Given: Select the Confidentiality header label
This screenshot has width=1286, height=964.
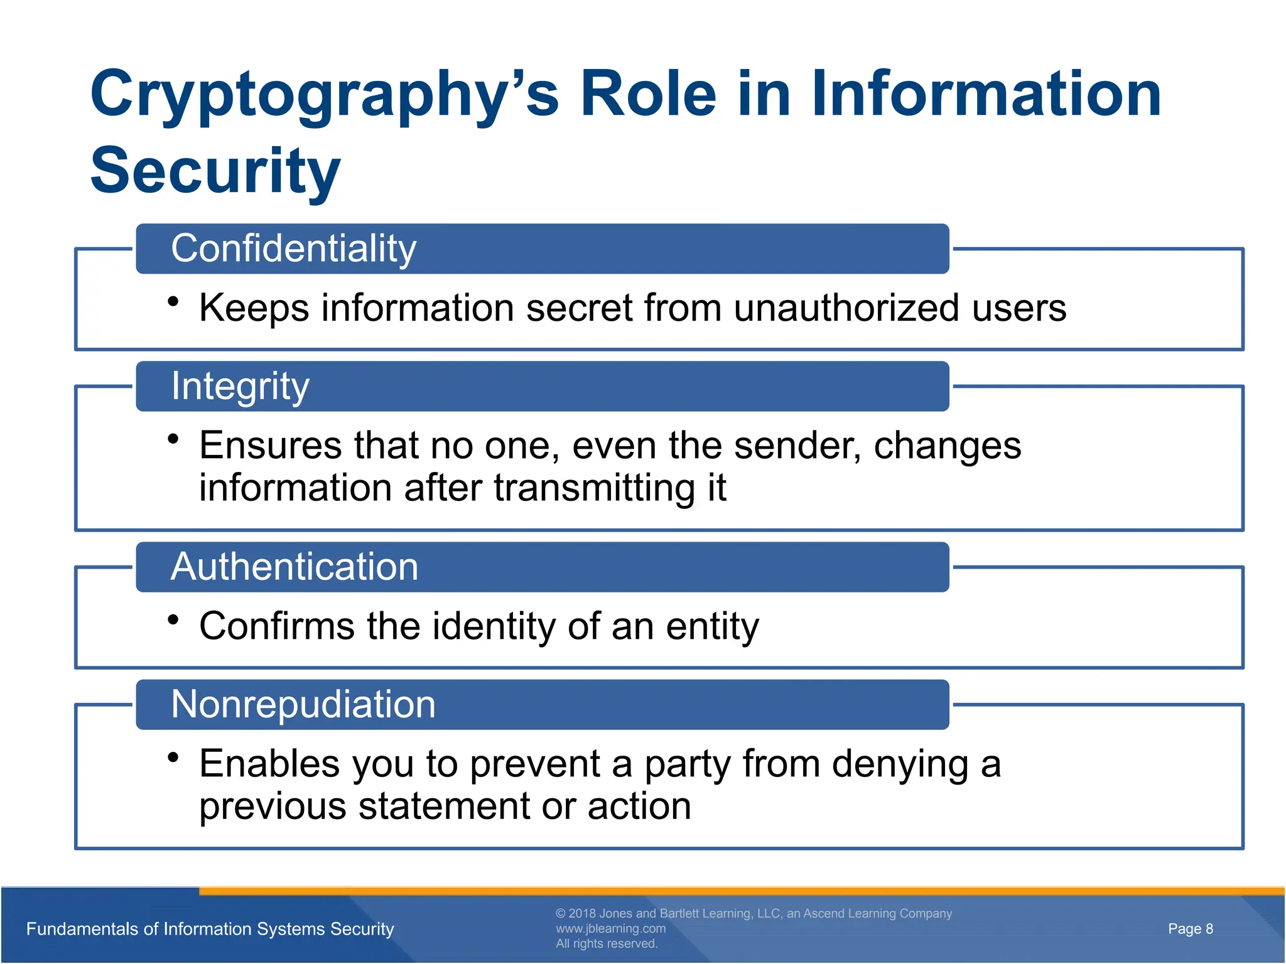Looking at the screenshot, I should [293, 249].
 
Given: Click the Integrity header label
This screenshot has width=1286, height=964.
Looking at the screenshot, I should [240, 386].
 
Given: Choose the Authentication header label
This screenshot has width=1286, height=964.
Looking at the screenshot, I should [294, 567].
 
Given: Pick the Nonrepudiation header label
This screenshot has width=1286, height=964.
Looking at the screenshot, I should [303, 704].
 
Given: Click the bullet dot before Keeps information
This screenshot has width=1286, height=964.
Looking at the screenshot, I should [173, 302].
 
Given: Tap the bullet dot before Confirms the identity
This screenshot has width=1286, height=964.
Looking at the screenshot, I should [173, 620].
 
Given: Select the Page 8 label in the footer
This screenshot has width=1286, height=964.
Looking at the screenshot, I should [1190, 929].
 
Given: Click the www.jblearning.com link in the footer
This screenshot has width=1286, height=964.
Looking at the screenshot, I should [610, 928].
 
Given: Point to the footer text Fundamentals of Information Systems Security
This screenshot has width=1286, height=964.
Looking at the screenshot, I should [210, 929].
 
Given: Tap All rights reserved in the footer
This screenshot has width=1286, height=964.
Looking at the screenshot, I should [606, 944].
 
